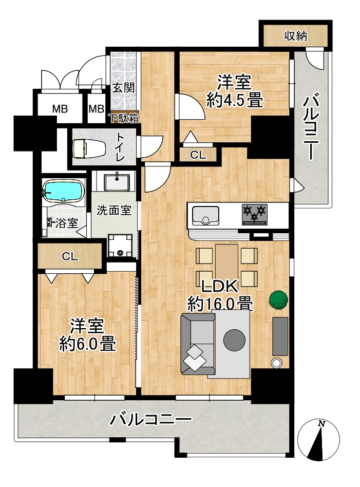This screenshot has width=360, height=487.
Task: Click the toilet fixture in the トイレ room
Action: coord(84,148)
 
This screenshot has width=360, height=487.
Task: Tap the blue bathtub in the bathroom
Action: coord(64,192)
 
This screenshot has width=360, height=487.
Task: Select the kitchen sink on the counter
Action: coord(205,215)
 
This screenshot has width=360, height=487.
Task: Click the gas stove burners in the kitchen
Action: coord(255,214)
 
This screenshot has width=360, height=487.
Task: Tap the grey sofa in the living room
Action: coord(198,344)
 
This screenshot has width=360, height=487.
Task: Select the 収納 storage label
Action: coord(295,36)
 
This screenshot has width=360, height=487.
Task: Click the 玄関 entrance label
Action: coord(123,87)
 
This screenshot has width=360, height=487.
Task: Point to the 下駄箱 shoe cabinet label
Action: coord(124,118)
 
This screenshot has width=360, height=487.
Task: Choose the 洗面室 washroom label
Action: coord(114,211)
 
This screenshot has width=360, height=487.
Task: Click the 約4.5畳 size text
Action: coord(235,100)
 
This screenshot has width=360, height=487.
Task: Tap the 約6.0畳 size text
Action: coord(88,344)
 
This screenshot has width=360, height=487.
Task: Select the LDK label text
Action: coord(220,287)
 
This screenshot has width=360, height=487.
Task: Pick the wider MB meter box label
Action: coord(60,109)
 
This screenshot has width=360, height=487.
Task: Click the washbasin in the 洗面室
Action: coord(117,182)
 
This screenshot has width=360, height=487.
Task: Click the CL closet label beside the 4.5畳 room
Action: coord(198,155)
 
